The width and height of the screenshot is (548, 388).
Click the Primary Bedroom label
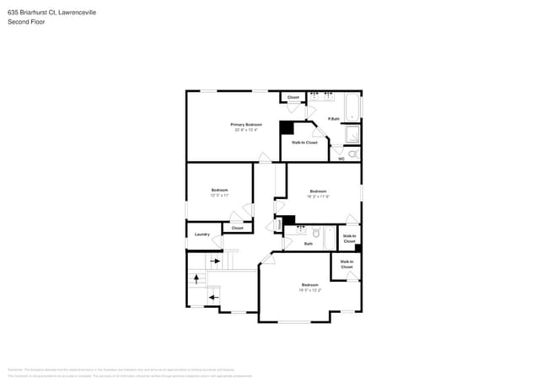pyautogui.click(x=247, y=124)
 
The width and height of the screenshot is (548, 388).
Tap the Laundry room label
pyautogui.click(x=201, y=234)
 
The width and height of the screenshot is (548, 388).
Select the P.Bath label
pyautogui.click(x=334, y=118)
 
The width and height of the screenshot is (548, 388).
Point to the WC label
pyautogui.click(x=341, y=159)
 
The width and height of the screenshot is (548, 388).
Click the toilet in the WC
pyautogui.click(x=353, y=154)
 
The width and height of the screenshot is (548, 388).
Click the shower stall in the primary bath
pyautogui.click(x=353, y=135)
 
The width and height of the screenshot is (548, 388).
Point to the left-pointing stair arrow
pyautogui.click(x=213, y=297)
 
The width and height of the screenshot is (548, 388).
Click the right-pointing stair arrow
pyautogui.click(x=214, y=261)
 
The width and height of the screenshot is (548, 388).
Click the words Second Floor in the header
pyautogui.click(x=26, y=22)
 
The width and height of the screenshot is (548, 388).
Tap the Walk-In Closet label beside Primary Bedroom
pyautogui.click(x=304, y=143)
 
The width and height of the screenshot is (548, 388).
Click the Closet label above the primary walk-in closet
pyautogui.click(x=293, y=98)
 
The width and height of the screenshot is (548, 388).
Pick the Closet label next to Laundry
pyautogui.click(x=237, y=228)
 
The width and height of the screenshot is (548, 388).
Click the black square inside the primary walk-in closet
pyautogui.click(x=287, y=128)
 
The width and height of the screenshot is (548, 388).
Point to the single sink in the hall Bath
pyautogui.click(x=302, y=230)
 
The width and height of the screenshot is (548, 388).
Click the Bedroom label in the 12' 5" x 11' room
pyautogui.click(x=219, y=191)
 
